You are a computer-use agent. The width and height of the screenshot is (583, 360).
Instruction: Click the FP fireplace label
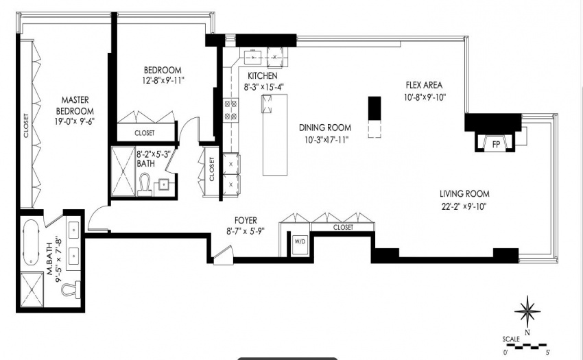pyautogui.click(x=496, y=144)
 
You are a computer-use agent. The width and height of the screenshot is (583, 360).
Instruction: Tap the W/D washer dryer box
pyautogui.click(x=300, y=244)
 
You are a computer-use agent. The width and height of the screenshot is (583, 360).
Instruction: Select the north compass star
pyautogui.click(x=527, y=312)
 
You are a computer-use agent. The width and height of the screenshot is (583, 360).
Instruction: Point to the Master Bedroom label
pyautogui.click(x=75, y=106)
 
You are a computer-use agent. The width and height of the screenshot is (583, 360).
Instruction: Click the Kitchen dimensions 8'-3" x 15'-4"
pyautogui.click(x=263, y=87)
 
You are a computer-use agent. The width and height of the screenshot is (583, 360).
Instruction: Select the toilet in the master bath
pyautogui.click(x=71, y=289)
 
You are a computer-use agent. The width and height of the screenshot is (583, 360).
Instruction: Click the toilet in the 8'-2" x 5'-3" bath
pyautogui.click(x=144, y=186)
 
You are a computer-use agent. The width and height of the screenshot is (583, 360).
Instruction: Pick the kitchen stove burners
pyautogui.click(x=230, y=110)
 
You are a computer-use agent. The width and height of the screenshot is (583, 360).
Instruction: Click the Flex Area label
pyautogui.click(x=425, y=85)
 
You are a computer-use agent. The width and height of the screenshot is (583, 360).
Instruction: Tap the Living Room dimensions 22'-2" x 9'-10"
pyautogui.click(x=464, y=206)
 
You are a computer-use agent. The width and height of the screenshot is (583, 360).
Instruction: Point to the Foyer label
pyautogui.click(x=246, y=221)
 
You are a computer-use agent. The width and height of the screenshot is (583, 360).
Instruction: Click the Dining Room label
pyautogui.click(x=325, y=128)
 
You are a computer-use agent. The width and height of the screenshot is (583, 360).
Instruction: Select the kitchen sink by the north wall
pyautogui.click(x=253, y=57)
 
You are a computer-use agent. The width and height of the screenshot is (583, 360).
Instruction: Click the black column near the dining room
pyautogui.click(x=374, y=108)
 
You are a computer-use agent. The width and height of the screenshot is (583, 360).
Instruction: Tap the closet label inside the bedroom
pyautogui.click(x=145, y=133)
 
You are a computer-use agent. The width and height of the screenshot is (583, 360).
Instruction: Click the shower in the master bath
pyautogui.click(x=32, y=290)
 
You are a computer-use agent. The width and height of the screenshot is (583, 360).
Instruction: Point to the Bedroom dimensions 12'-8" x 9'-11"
pyautogui.click(x=163, y=80)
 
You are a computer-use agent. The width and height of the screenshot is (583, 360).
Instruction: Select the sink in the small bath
pyautogui.click(x=163, y=184)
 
